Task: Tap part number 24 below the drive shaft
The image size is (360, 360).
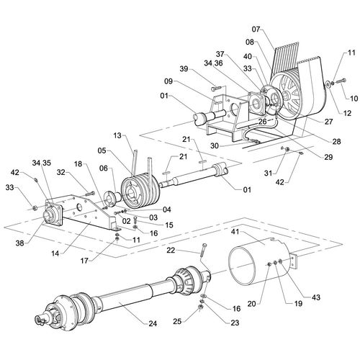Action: click(152, 323)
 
